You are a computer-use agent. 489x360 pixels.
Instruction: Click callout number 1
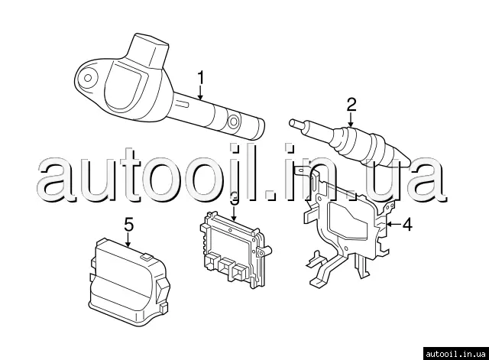pos(201,78)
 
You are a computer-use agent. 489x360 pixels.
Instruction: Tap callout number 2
pos(351,105)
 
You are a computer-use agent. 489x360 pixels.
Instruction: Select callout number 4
pos(406,225)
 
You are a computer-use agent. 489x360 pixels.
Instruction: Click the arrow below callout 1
pos(200,92)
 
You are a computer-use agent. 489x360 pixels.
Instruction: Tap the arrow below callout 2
pos(351,120)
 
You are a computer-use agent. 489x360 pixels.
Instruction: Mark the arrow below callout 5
pos(128,240)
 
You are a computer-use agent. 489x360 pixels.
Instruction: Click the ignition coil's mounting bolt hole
pos(88,77)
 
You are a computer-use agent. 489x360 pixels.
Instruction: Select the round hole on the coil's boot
pos(233,122)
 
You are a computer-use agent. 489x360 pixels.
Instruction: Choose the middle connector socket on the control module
pos(225,266)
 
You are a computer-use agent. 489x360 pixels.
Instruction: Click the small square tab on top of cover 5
pos(146,257)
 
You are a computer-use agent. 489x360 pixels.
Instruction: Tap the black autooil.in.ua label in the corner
pos(455,354)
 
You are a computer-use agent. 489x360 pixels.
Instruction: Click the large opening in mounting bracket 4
pos(350,221)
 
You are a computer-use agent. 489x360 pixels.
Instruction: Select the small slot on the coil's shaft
pos(183,103)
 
